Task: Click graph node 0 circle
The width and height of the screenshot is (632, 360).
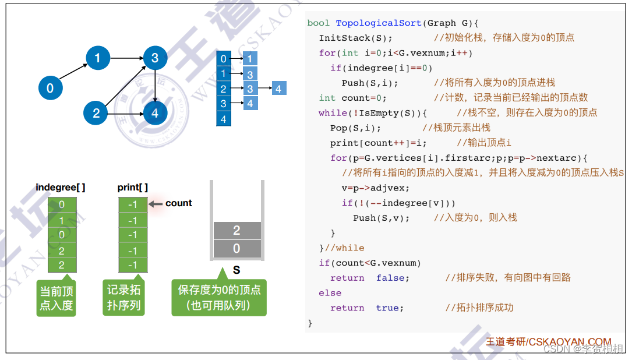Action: [50, 88]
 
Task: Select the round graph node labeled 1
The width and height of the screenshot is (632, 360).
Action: [97, 58]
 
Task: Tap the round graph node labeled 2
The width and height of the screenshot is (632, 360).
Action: [96, 113]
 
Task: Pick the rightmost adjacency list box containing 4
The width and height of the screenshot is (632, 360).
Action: [278, 89]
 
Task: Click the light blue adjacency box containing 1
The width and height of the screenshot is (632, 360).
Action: [250, 59]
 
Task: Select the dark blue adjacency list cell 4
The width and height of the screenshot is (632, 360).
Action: [223, 119]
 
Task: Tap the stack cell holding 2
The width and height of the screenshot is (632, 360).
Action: [236, 231]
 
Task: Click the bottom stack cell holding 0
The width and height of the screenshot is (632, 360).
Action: [236, 249]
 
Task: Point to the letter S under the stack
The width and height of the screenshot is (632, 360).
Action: [236, 270]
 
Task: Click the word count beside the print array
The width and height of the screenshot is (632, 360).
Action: [178, 203]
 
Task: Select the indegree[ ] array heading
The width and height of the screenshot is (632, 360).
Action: [61, 187]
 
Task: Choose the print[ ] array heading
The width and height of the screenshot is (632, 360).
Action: [133, 187]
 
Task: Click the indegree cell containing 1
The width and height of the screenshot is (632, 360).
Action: [62, 220]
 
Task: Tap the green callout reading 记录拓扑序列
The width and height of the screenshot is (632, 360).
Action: [123, 298]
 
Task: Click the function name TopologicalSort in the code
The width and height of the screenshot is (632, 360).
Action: [378, 23]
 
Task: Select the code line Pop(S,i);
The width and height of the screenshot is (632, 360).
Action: [355, 128]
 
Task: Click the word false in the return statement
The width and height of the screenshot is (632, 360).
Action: [393, 278]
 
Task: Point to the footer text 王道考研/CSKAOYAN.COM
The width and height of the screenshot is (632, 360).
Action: [548, 342]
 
